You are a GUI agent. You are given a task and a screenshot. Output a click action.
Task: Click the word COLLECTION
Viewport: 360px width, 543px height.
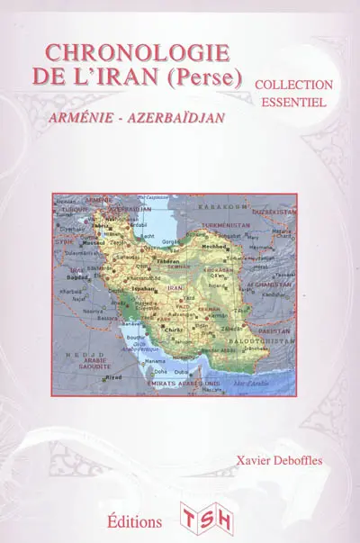click(x=293, y=84)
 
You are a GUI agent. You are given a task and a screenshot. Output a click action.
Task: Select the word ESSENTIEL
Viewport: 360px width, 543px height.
click(x=293, y=103)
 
